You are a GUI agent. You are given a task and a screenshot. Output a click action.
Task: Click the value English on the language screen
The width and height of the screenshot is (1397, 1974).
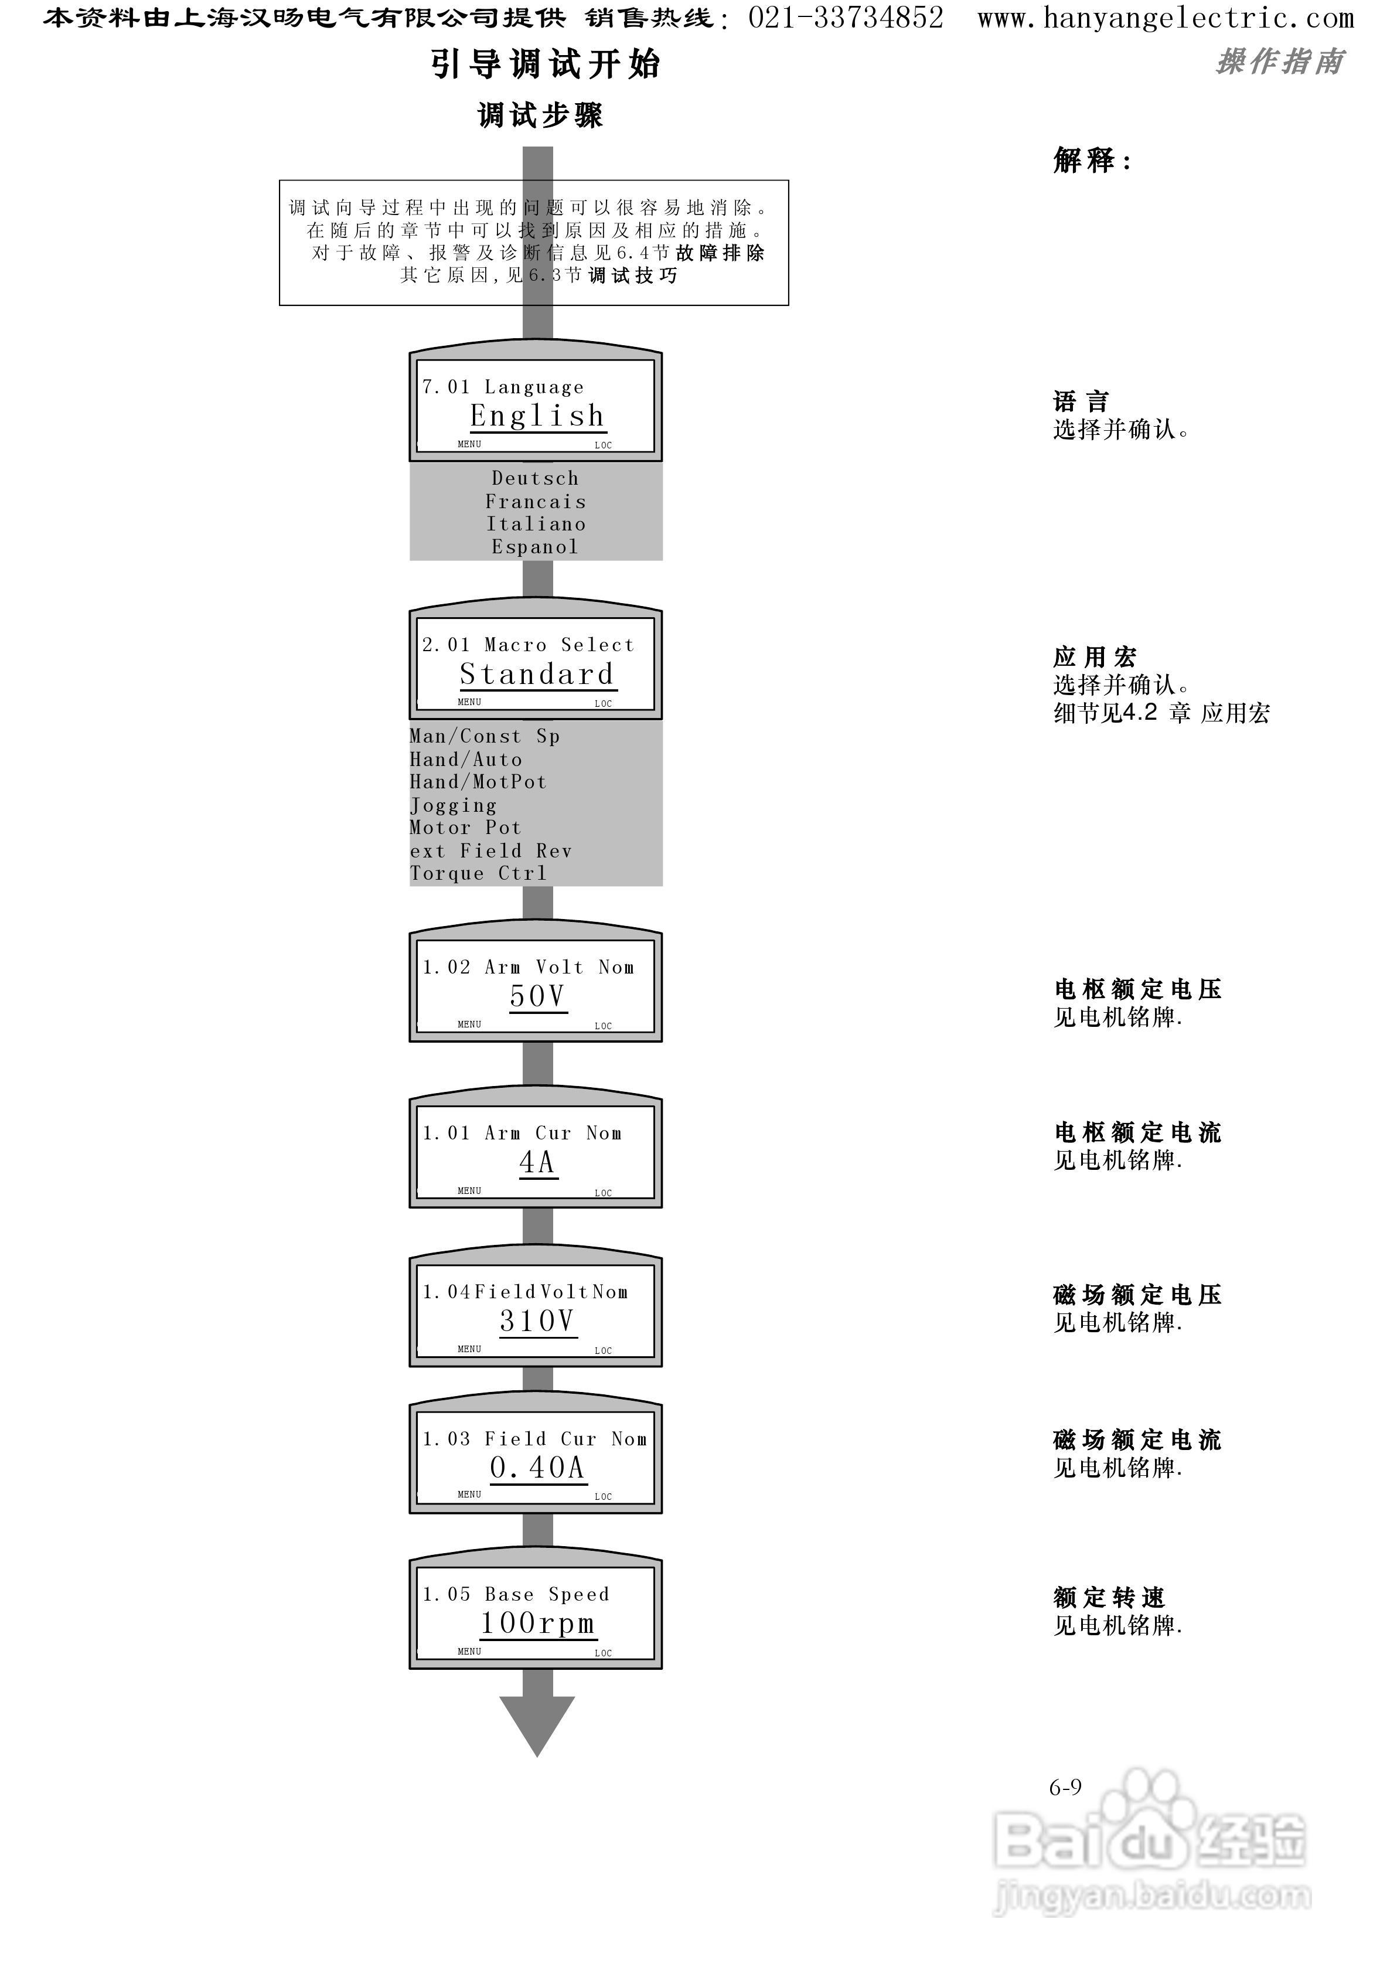[x=537, y=416]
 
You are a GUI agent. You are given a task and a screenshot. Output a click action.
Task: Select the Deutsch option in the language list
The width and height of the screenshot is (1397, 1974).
[x=535, y=478]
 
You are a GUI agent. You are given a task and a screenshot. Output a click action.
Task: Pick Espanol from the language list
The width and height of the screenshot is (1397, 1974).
[x=535, y=547]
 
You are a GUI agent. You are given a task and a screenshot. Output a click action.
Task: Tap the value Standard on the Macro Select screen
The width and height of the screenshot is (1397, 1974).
[x=537, y=675]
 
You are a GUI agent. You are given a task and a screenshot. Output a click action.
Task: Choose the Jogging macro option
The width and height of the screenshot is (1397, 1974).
[x=454, y=806]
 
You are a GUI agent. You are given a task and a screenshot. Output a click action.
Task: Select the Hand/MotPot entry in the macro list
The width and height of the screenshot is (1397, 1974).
[x=478, y=782]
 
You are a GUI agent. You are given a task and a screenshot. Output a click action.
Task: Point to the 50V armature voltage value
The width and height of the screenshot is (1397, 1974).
[x=537, y=996]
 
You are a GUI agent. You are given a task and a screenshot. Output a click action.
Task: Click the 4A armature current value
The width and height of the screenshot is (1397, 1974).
[x=537, y=1163]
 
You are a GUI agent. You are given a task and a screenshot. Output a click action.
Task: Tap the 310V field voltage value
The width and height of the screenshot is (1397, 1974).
[x=537, y=1321]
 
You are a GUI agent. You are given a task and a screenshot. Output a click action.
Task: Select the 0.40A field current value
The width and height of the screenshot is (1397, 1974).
[x=537, y=1468]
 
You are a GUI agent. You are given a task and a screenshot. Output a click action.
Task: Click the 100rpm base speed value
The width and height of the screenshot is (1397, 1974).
[x=537, y=1623]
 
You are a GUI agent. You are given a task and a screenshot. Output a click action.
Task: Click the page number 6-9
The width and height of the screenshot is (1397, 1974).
[x=1065, y=1788]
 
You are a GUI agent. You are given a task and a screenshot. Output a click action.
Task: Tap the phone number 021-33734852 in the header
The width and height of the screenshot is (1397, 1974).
[x=846, y=18]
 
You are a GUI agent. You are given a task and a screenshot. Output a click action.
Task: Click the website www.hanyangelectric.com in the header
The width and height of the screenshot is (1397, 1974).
[x=1166, y=18]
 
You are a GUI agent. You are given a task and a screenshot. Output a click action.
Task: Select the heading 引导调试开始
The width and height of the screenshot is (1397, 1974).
[x=546, y=64]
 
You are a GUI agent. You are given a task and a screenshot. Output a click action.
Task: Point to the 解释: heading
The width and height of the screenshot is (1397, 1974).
[x=1092, y=160]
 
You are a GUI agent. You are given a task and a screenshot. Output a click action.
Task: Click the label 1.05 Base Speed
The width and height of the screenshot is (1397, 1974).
[x=516, y=1594]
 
